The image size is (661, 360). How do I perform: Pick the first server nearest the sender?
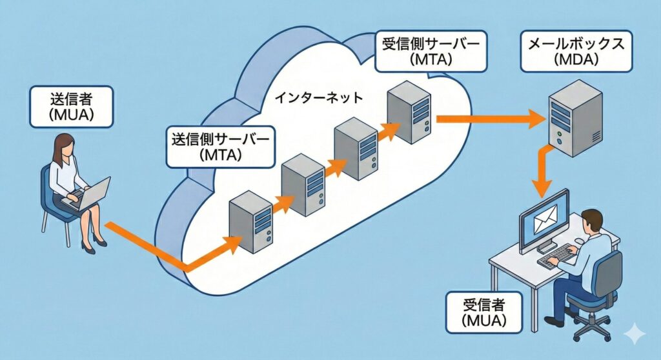click(x=250, y=221)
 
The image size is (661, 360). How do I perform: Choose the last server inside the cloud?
click(x=409, y=111)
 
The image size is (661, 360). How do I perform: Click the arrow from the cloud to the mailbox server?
click(x=491, y=118)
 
